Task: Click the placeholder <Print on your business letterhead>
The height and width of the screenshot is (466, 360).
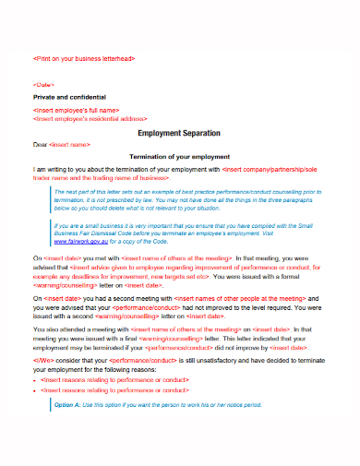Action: tap(84, 57)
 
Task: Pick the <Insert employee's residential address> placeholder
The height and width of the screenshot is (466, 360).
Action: tap(90, 119)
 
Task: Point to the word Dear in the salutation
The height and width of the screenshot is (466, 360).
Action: tap(41, 145)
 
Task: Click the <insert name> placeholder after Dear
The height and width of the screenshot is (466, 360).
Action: tap(72, 145)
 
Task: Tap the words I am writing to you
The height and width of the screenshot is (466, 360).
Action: tap(64, 171)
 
